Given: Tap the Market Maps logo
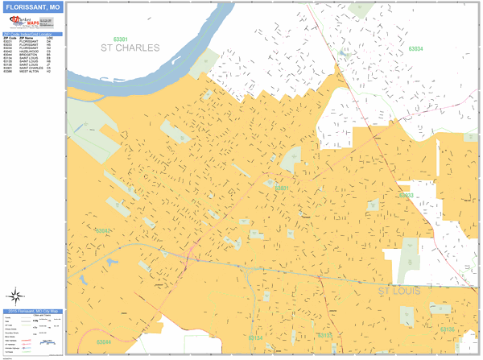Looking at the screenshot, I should tap(23, 24).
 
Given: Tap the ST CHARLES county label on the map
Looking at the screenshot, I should tap(130, 48).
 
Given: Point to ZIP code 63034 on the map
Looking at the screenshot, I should tap(415, 49).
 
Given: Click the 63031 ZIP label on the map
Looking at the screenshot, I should tap(282, 188).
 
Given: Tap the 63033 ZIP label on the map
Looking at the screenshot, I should tap(406, 195).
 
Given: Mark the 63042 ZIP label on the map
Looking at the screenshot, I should tap(102, 231).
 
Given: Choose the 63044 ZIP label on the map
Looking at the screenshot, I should tap(104, 342).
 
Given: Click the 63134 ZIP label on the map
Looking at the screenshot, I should tap(255, 338).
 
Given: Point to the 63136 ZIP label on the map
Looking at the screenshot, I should tap(447, 329).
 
